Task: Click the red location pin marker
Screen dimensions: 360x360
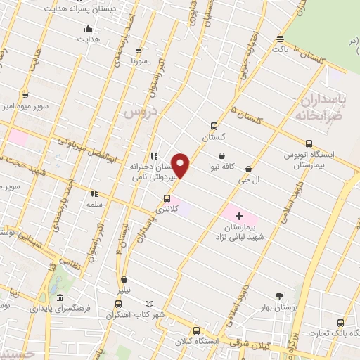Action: [181, 165]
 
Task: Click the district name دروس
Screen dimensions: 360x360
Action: [143, 112]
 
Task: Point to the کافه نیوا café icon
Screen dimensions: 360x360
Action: [223, 156]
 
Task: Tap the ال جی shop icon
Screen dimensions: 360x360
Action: [249, 169]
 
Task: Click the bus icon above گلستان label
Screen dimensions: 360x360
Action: [214, 127]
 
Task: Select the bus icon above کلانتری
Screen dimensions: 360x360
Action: [167, 198]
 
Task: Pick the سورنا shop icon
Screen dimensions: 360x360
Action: [139, 50]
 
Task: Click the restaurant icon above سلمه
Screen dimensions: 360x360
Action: [94, 192]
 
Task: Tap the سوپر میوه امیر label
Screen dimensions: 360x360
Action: [24, 105]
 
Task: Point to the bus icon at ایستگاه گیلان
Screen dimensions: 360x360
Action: [196, 330]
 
